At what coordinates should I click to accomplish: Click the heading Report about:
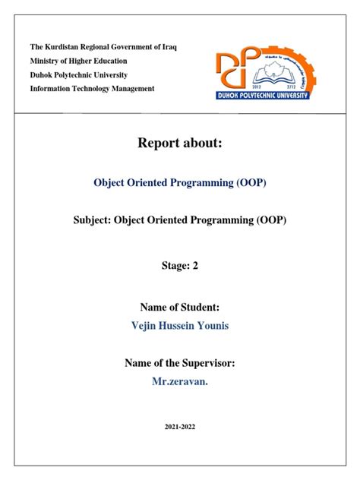[x=179, y=144]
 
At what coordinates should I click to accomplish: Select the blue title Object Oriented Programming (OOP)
[x=179, y=183]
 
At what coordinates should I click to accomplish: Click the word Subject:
[x=90, y=220]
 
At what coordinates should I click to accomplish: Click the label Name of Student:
[x=179, y=307]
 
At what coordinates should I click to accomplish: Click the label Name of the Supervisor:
[x=179, y=364]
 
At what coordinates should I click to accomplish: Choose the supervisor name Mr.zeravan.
[x=179, y=381]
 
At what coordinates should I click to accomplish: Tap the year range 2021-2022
[x=179, y=428]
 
